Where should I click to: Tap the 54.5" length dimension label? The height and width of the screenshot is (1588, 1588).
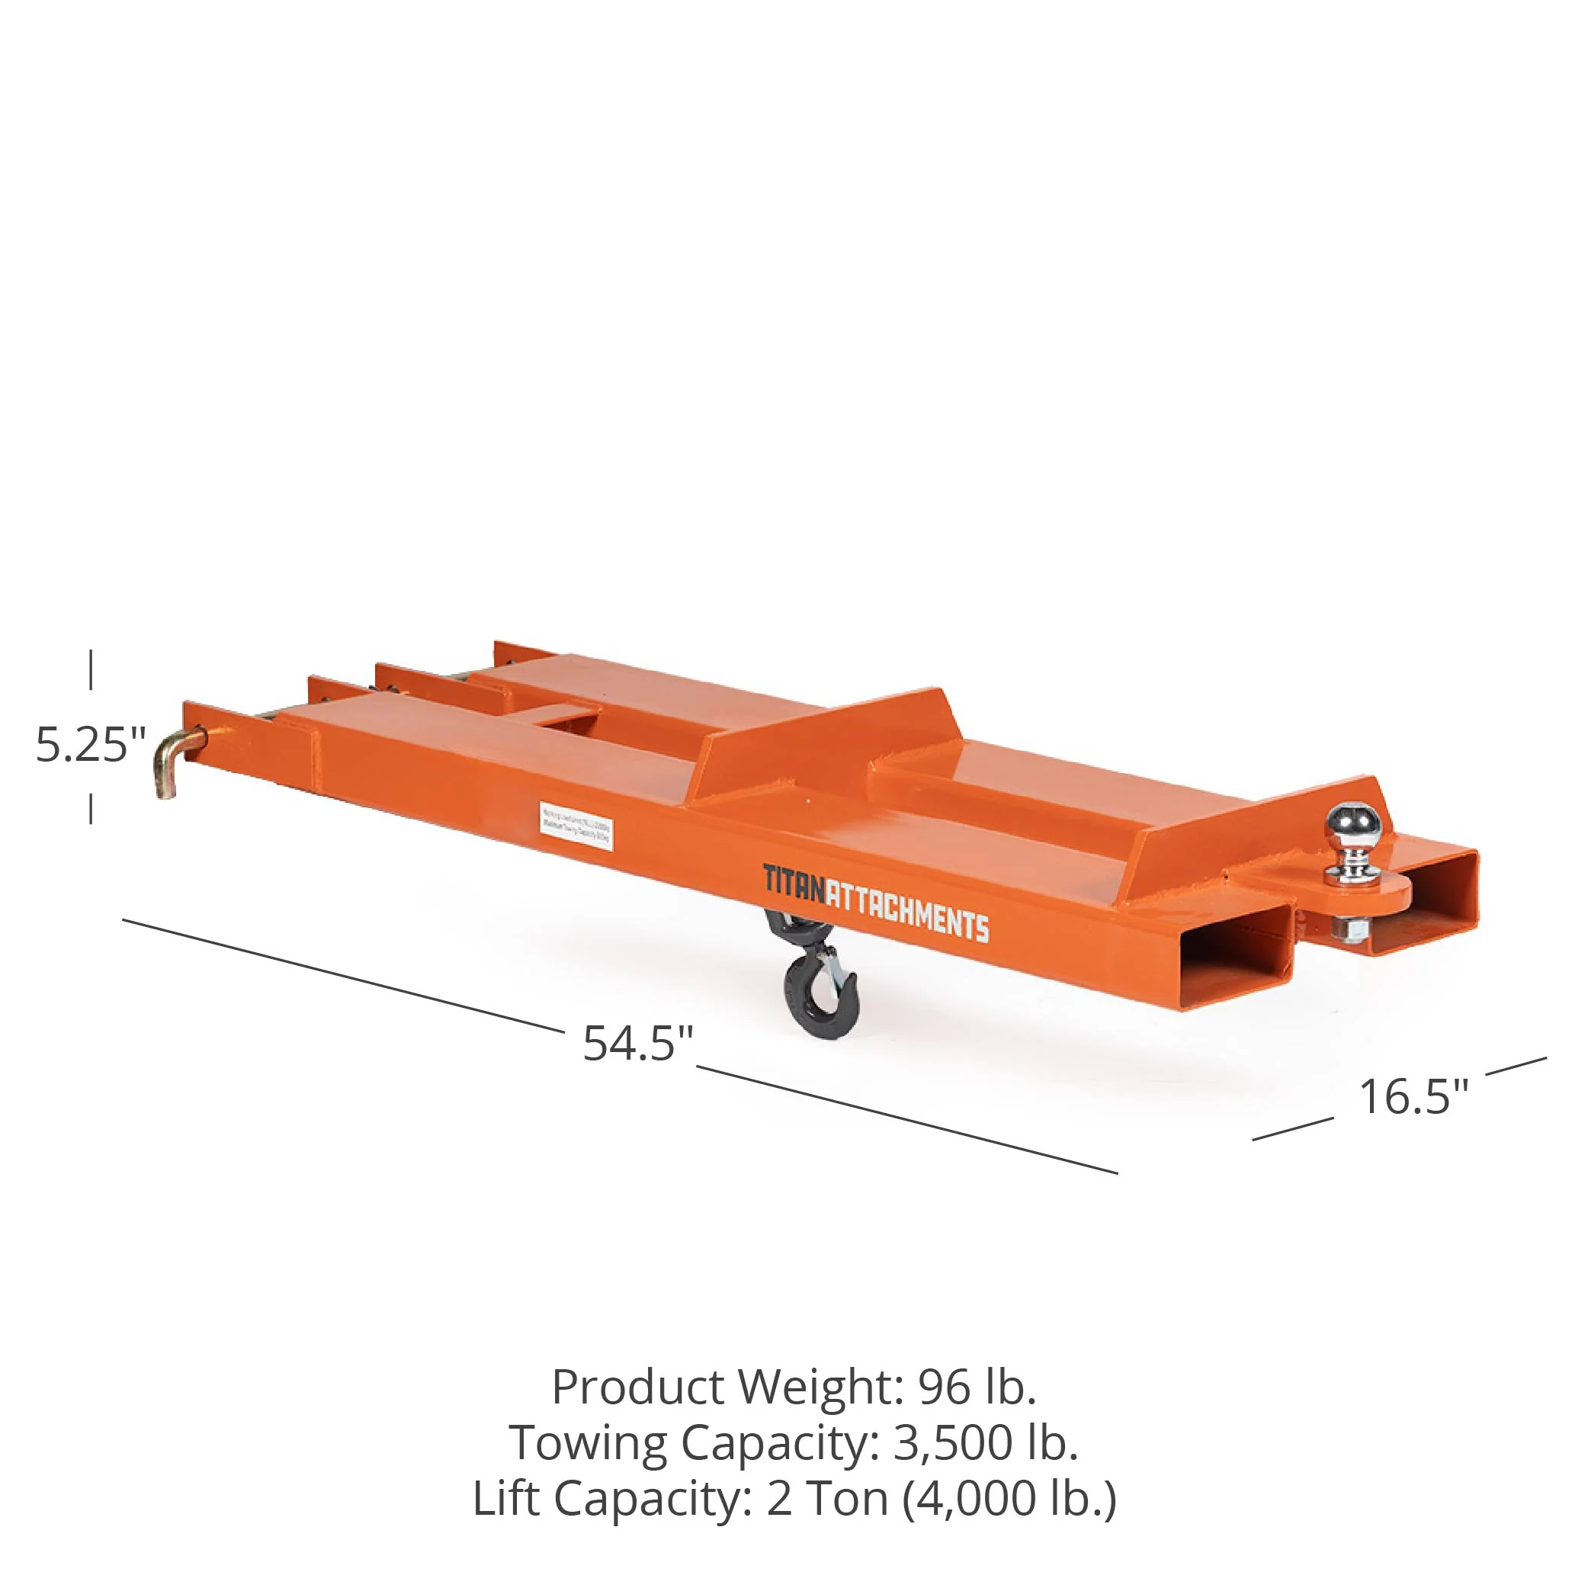pyautogui.click(x=638, y=1043)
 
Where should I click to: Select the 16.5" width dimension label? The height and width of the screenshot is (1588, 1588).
pyautogui.click(x=1413, y=1096)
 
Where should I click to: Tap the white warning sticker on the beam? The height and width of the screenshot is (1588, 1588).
pyautogui.click(x=576, y=824)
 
